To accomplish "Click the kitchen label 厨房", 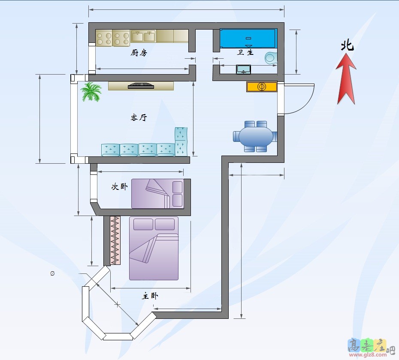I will [139, 53].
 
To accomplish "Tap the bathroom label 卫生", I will [245, 52].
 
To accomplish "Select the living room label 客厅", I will [139, 117].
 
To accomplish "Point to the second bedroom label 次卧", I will [119, 187].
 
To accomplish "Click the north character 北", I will [347, 46].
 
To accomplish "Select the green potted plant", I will [91, 92].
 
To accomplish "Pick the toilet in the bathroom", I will [271, 57].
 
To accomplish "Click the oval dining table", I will [255, 136].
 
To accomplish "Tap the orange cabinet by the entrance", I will [261, 87].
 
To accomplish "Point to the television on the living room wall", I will [141, 86].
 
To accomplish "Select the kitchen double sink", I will [143, 36].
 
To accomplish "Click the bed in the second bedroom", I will [157, 194].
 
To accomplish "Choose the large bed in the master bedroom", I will [154, 248].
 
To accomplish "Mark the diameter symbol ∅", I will [52, 273].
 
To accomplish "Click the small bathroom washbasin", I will [243, 69].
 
